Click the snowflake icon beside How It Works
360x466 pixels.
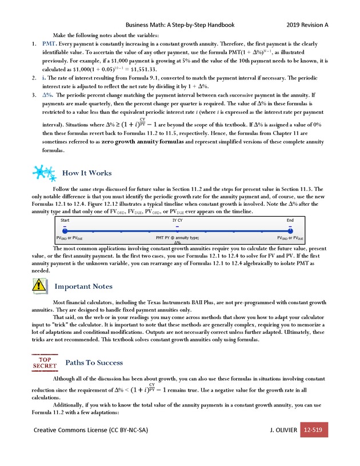pos(44,173)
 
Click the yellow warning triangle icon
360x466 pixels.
pos(40,285)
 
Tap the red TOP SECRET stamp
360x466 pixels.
pos(44,362)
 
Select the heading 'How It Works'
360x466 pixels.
pos(87,173)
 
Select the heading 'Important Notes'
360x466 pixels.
pos(83,286)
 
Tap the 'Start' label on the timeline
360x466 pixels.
pos(65,220)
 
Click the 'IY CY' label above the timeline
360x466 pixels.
pos(178,220)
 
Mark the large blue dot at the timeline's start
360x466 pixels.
pos(65,230)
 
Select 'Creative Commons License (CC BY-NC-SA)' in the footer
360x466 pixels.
pos(94,429)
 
